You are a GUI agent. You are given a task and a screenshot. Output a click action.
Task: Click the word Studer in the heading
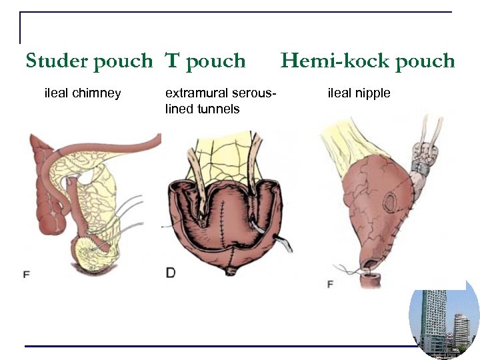tap(57, 61)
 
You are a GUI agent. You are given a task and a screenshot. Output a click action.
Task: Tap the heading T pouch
tap(205, 61)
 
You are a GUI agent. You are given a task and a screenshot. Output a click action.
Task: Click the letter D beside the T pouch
tap(170, 273)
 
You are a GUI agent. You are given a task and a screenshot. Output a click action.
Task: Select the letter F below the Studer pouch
tap(26, 274)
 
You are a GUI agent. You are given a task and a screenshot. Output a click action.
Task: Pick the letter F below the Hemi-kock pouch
tap(330, 285)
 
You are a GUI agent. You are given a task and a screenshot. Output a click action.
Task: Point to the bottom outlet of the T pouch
tap(233, 270)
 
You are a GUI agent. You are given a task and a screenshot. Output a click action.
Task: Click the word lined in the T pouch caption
tap(179, 109)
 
